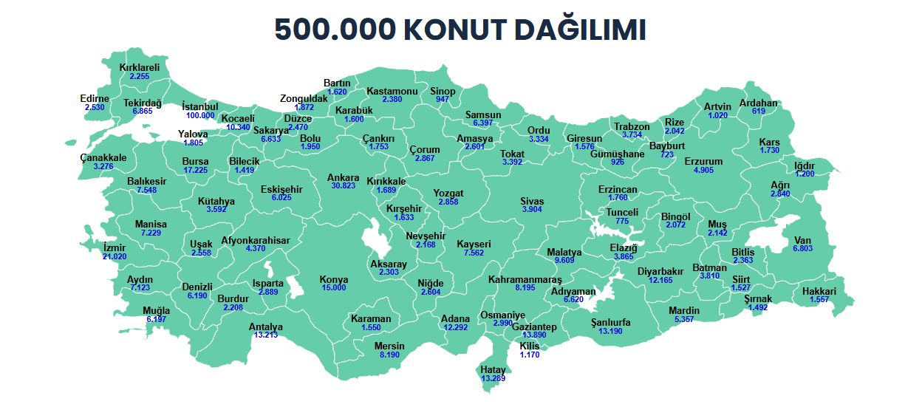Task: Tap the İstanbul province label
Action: pos(200,106)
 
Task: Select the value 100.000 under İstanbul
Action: pos(200,115)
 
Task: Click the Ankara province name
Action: pos(344,177)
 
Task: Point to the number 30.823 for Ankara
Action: pos(344,186)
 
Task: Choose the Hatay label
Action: pos(493,369)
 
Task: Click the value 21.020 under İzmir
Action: pos(115,256)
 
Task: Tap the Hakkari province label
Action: pos(819,291)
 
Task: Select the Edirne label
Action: pos(95,98)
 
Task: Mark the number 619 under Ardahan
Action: pos(759,112)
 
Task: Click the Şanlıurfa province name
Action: pos(611,322)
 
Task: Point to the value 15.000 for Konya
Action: pos(334,287)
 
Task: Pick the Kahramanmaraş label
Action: pos(525,279)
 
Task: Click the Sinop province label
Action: pos(443,91)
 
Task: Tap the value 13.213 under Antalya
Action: pos(266,335)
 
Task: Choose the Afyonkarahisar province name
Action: pos(256,240)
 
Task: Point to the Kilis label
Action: pos(530,346)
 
